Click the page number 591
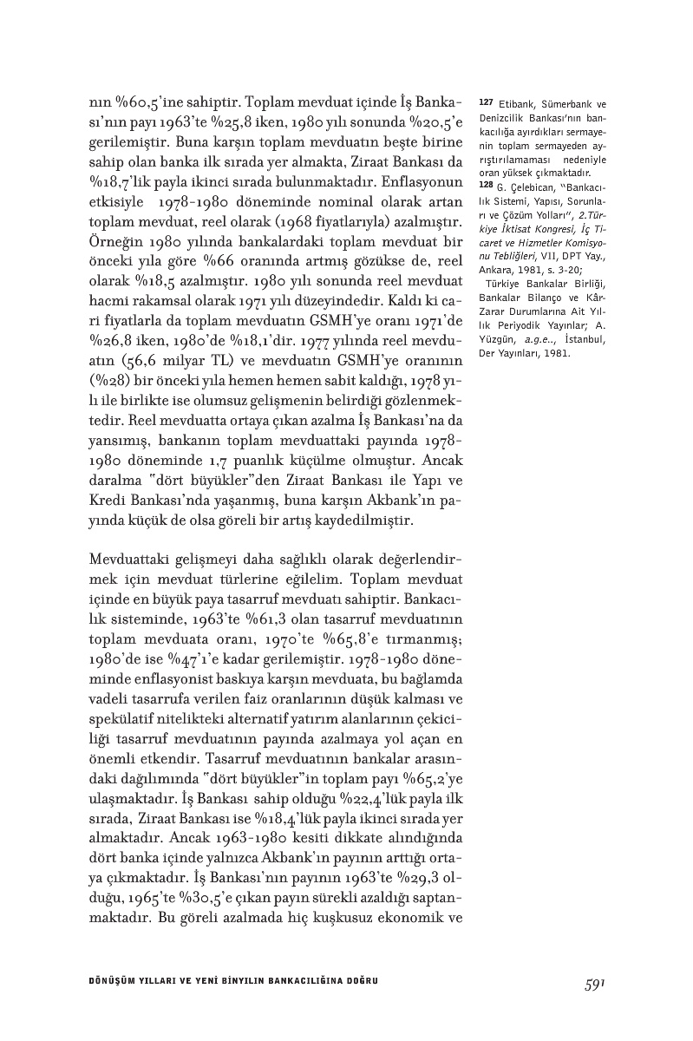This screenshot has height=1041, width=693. (x=593, y=982)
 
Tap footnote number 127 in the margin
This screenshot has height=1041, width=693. (x=486, y=104)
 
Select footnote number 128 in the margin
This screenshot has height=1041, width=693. (x=486, y=185)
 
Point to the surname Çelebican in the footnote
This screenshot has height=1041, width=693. (x=525, y=185)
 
